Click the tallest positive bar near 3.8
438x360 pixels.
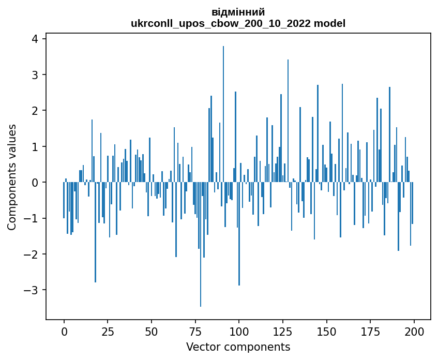coord(223,114)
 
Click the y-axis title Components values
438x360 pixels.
coord(12,177)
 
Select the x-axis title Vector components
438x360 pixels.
coord(238,347)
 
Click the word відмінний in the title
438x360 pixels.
coord(238,12)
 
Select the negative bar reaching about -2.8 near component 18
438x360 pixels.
coord(96,232)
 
